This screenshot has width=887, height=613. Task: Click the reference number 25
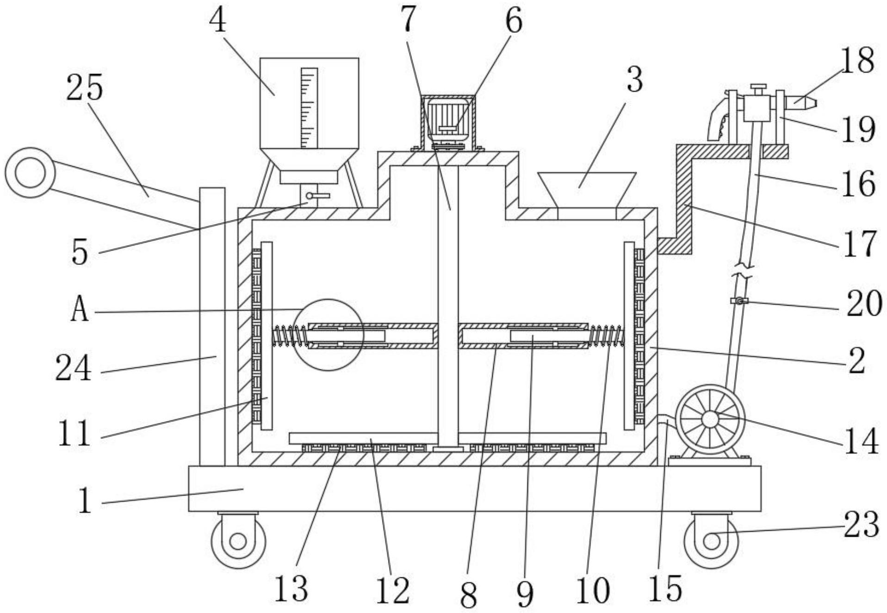[84, 88]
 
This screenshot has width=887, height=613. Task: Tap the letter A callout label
[79, 310]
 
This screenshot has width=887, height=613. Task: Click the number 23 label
[861, 525]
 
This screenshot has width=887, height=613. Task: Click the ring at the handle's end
[30, 173]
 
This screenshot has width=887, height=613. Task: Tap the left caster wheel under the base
[238, 541]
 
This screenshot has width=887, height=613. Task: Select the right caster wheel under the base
[711, 541]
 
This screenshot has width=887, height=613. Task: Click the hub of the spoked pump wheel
[710, 419]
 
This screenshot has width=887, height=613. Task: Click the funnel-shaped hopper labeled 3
[587, 190]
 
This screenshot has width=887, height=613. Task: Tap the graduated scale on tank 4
[309, 108]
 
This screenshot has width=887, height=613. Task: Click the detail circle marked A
[328, 335]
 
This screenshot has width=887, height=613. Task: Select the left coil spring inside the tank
[290, 336]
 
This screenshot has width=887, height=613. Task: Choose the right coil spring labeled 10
[607, 336]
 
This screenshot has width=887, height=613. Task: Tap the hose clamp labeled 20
[739, 301]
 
